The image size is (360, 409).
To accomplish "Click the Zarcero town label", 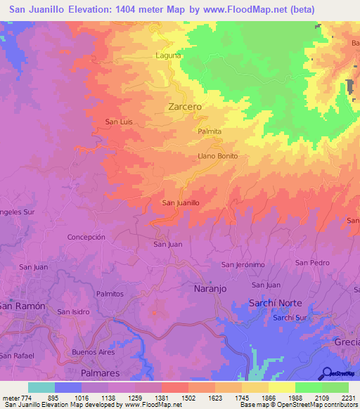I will coord(186,107).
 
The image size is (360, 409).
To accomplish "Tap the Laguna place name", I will coord(168,55).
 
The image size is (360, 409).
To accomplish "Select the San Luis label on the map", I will coord(119,122).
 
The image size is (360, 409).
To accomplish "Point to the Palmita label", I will coord(210,131).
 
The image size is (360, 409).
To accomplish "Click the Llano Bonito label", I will coord(218,155).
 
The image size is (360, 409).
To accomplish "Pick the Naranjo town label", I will coord(210,288).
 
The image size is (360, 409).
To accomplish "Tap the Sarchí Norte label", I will coord(276,303).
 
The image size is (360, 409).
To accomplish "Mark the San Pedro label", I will coord(312,262).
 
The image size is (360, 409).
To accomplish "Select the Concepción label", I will coord(86,238).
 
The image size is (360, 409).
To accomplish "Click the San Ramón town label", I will coord(22,306).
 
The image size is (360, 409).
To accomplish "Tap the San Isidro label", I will coord(74,311).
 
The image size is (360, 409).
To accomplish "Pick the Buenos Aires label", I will coord(93,351).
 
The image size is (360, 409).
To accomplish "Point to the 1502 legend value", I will coord(188,398).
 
